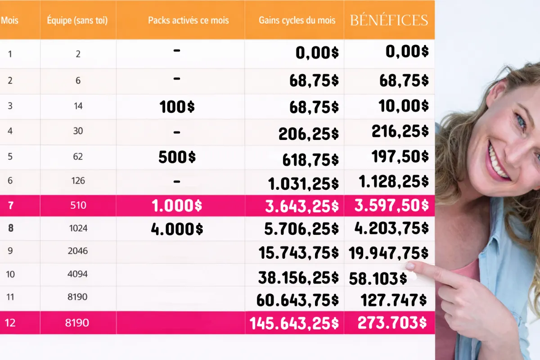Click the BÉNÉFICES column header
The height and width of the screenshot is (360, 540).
pyautogui.click(x=389, y=20)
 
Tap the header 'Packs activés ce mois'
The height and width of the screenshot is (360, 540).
pyautogui.click(x=188, y=20)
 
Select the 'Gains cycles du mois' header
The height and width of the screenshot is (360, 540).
pyautogui.click(x=297, y=20)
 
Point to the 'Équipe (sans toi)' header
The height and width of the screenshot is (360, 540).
pyautogui.click(x=77, y=20)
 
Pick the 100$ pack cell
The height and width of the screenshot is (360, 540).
pyautogui.click(x=177, y=107)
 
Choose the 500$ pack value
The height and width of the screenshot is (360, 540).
pyautogui.click(x=177, y=157)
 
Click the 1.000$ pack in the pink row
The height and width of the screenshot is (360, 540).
pyautogui.click(x=177, y=206)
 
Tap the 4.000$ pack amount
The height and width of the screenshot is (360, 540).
pyautogui.click(x=177, y=229)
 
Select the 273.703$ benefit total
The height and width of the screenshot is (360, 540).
pyautogui.click(x=390, y=323)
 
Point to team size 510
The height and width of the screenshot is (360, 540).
pyautogui.click(x=78, y=206)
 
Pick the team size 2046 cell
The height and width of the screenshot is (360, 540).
pyautogui.click(x=78, y=251)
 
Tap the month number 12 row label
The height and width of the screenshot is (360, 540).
pyautogui.click(x=10, y=323)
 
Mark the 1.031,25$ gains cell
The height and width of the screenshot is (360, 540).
pyautogui.click(x=303, y=184)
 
